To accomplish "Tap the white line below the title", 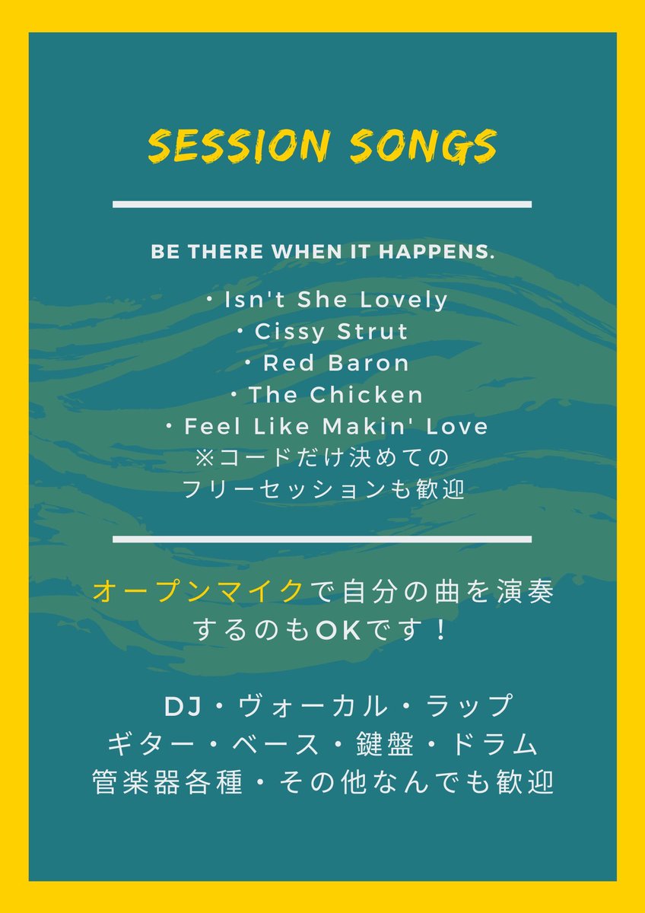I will coord(322,204).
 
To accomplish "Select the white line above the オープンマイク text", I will coord(322,539).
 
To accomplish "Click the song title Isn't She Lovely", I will coord(336,300).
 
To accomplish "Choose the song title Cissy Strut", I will coord(331,332).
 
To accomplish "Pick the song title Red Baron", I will coord(335,363).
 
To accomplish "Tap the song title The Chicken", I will coord(335,395).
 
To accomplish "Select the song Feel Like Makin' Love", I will coord(335,426).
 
